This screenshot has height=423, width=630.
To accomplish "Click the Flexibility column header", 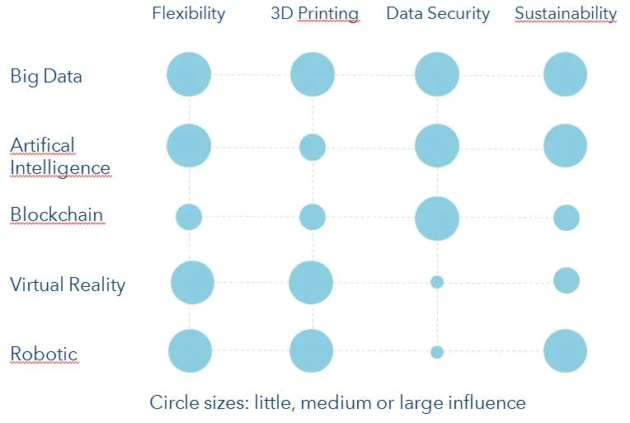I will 190,14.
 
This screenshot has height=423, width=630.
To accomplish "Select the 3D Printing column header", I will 314,14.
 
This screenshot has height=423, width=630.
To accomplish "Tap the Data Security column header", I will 437,14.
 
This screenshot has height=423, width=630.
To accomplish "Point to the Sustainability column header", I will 565,14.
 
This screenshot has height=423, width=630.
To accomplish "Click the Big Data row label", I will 45,77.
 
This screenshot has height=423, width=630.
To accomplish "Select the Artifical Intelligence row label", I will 59,157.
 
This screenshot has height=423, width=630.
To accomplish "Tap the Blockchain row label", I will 56,215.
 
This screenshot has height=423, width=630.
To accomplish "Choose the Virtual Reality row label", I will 68,285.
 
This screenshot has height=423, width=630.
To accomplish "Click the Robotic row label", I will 44,355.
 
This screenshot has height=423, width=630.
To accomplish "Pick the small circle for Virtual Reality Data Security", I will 437,282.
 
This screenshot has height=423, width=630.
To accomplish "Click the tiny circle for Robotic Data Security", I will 437,352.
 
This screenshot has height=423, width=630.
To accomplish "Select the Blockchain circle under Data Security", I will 437,219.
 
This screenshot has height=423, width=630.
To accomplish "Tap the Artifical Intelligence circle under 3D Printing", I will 313,148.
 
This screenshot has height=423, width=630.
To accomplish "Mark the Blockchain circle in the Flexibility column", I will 189,217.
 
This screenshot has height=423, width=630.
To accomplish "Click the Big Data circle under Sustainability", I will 565,75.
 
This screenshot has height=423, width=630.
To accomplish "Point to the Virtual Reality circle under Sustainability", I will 567,280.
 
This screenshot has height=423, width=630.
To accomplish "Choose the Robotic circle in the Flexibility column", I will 190,351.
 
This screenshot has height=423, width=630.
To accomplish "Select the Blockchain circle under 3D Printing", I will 313,217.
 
